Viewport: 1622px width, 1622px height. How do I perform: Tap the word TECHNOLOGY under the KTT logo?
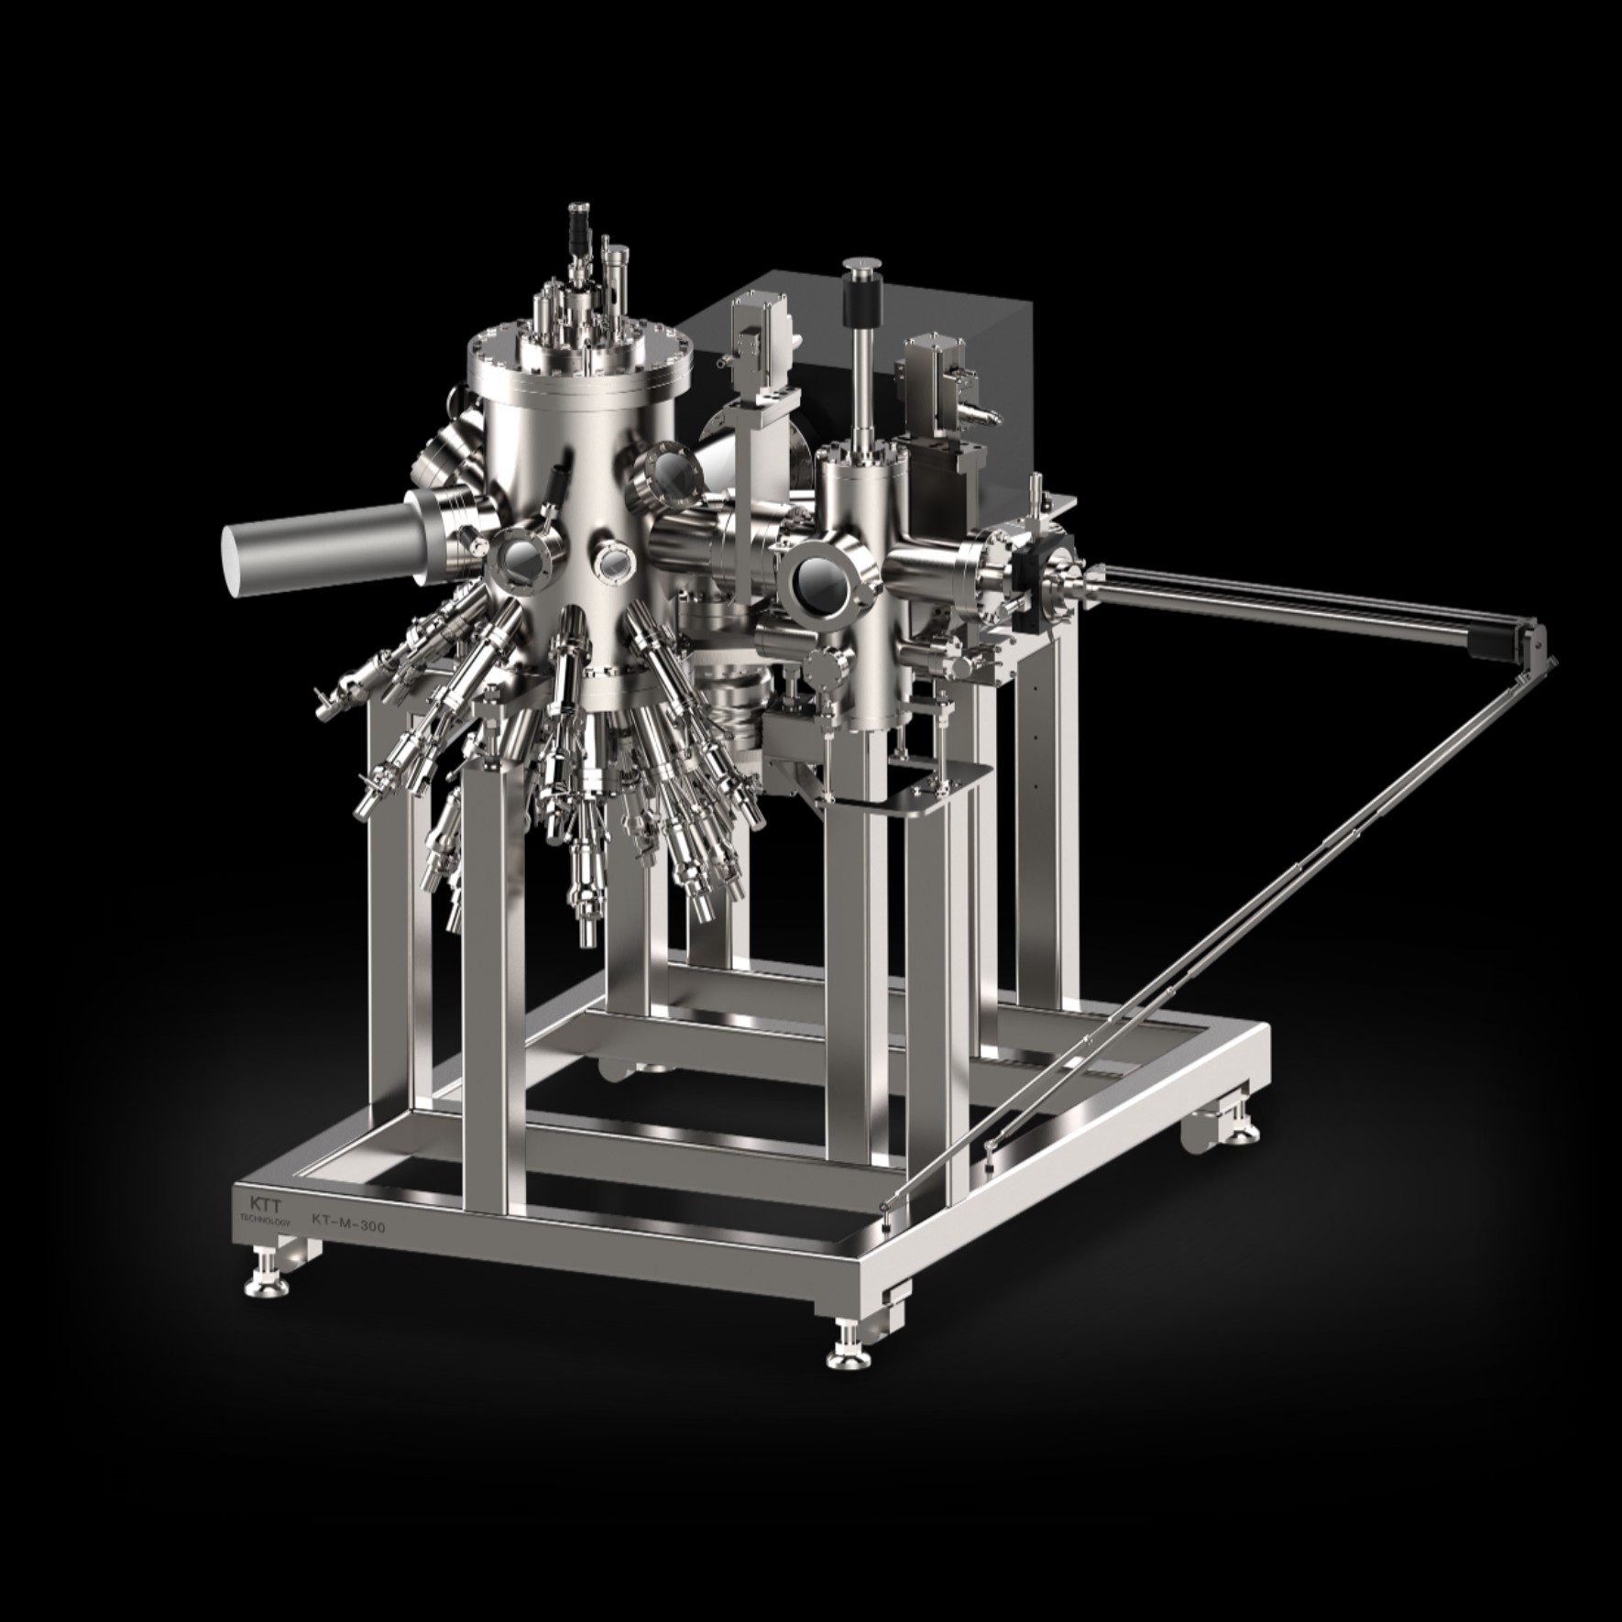264,1222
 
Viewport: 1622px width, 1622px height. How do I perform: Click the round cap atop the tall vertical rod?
860,265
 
